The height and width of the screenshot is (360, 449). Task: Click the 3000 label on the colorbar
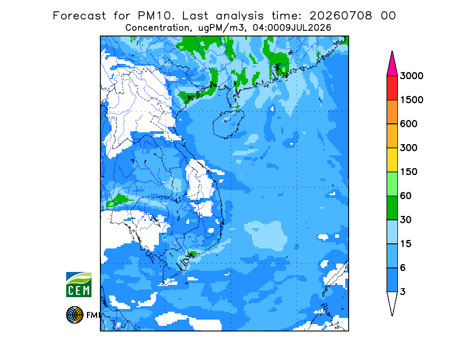pyautogui.click(x=411, y=76)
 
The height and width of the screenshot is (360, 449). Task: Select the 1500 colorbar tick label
pyautogui.click(x=411, y=100)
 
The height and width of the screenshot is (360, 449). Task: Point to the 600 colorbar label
pyautogui.click(x=409, y=124)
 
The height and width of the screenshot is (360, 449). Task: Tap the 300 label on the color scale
pyautogui.click(x=409, y=148)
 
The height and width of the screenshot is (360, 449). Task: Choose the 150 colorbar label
pyautogui.click(x=409, y=172)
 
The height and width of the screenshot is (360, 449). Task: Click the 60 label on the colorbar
pyautogui.click(x=406, y=196)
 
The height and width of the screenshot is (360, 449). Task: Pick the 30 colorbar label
pyautogui.click(x=406, y=220)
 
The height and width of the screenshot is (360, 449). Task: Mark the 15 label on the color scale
pyautogui.click(x=406, y=244)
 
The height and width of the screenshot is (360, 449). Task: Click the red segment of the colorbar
pyautogui.click(x=392, y=88)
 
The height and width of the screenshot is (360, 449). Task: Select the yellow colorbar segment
pyautogui.click(x=392, y=160)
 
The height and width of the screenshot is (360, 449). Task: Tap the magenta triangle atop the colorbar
pyautogui.click(x=392, y=66)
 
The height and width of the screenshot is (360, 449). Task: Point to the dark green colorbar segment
pyautogui.click(x=392, y=208)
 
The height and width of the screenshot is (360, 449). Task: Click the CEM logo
pyautogui.click(x=79, y=284)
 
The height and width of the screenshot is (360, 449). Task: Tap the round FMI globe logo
pyautogui.click(x=75, y=315)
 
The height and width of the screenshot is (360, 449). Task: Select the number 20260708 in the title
pyautogui.click(x=341, y=16)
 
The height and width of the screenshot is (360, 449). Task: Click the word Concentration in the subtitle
pyautogui.click(x=158, y=28)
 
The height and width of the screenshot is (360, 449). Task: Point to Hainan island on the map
pyautogui.click(x=228, y=124)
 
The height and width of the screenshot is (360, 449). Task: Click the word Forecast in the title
pyautogui.click(x=79, y=16)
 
